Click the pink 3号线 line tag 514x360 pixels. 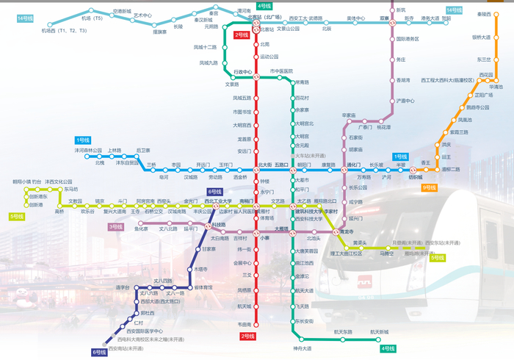(115, 227)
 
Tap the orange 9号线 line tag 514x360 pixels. (430, 187)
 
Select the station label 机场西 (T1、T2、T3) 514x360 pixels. (64, 31)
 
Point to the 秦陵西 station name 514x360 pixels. (484, 14)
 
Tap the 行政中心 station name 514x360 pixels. (242, 72)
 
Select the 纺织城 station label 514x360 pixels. (416, 176)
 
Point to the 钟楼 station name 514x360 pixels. (265, 181)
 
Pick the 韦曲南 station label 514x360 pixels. (245, 324)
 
